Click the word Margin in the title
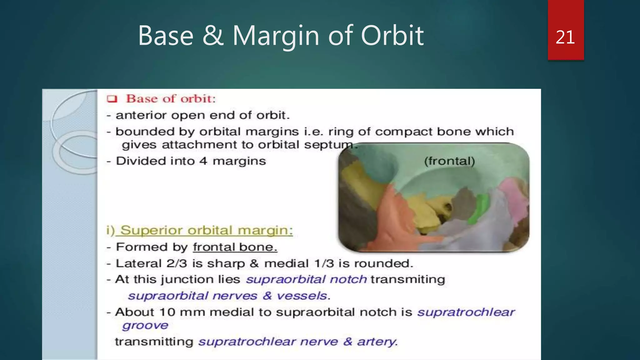276,36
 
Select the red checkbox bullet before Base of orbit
112,99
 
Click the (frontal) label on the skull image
449,161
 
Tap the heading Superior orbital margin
206,231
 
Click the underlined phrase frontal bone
235,247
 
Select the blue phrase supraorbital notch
306,279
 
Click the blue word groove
145,326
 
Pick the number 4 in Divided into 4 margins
203,161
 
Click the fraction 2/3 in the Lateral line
177,263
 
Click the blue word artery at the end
377,342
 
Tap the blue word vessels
302,296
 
